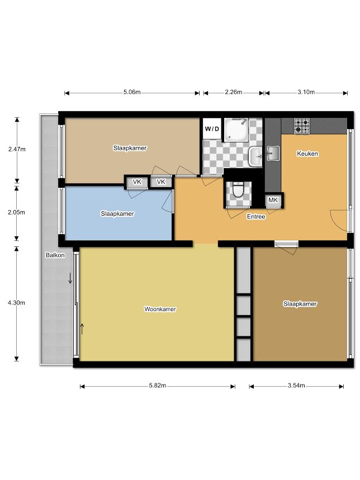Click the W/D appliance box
pos(212,129)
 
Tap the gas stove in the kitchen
pos(302,126)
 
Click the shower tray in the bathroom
pos(236,130)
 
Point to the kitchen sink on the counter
pos(272,153)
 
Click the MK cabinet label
pos(273,200)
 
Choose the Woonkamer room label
pos(160,309)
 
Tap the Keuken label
pos(307,153)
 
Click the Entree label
pos(256,216)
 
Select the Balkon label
pos(55,255)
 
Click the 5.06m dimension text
pos(132,92)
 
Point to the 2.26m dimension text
pos(234,92)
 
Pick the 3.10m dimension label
pos(306,92)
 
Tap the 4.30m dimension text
pos(17,303)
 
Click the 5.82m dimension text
pos(158,386)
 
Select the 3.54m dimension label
pos(296,386)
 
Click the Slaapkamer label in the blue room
pos(117,213)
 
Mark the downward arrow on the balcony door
pos(70,278)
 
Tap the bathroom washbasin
pos(255,156)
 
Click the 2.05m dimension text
pos(17,212)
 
